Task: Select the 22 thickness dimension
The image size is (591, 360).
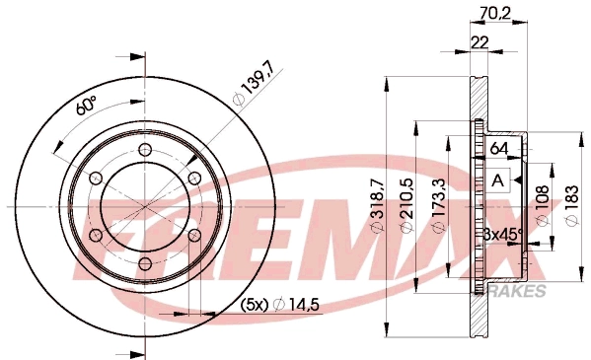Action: [x=480, y=42]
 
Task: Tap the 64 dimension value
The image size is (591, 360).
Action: [x=500, y=149]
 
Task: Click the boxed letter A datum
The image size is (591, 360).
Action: [x=498, y=180]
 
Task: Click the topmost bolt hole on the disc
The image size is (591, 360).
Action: [x=144, y=148]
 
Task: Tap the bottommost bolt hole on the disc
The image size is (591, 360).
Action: [x=144, y=263]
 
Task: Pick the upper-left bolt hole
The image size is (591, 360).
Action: [x=95, y=178]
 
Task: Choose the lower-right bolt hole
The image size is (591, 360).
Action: [x=193, y=235]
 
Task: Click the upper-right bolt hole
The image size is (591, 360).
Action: [x=193, y=178]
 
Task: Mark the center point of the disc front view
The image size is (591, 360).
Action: [x=144, y=206]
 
